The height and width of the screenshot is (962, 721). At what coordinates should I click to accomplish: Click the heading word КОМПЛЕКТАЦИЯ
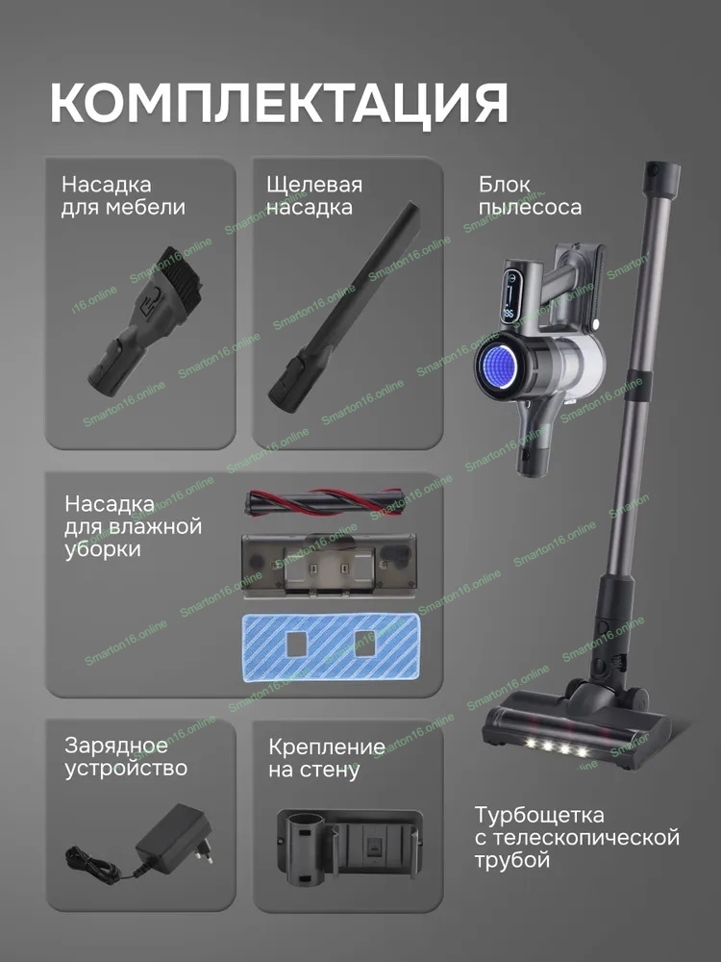tap(279, 102)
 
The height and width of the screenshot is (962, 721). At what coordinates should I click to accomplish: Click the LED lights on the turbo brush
tap(555, 747)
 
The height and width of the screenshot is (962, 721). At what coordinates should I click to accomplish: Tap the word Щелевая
tap(314, 185)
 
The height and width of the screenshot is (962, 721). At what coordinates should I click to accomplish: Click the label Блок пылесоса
tap(530, 195)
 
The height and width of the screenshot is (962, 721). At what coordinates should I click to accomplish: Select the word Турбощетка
tap(539, 815)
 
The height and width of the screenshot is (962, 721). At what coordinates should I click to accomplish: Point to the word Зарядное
tap(116, 746)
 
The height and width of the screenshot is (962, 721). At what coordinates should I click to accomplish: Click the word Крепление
tap(327, 747)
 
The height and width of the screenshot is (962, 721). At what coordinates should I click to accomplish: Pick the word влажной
tap(157, 526)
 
